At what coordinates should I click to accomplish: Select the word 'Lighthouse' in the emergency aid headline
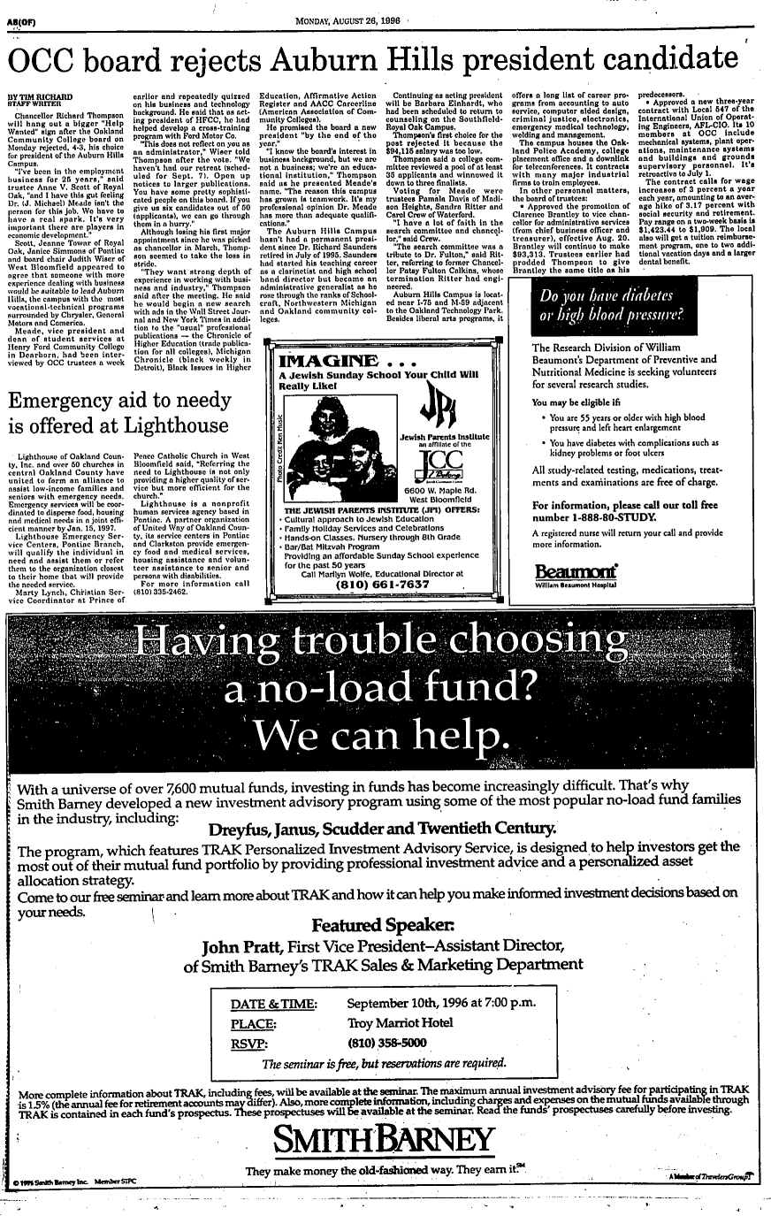coord(164,426)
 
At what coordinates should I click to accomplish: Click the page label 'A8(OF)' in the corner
coord(16,11)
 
